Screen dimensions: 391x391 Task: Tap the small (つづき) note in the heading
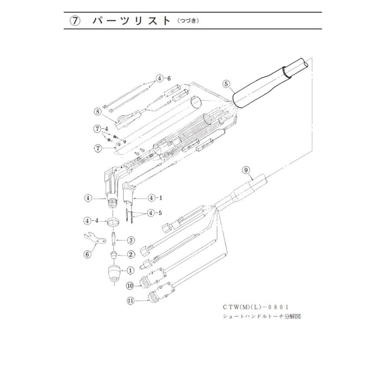(x=188, y=21)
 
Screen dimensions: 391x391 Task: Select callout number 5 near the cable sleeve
(x=225, y=84)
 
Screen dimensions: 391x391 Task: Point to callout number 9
(x=246, y=171)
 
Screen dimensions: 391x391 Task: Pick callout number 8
(x=98, y=111)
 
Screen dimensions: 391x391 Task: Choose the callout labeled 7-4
(x=100, y=129)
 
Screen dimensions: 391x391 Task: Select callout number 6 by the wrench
(x=88, y=254)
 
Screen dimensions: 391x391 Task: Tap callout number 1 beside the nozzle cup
(x=129, y=270)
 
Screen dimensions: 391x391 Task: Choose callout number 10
(x=130, y=285)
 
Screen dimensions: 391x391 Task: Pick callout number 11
(x=130, y=300)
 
